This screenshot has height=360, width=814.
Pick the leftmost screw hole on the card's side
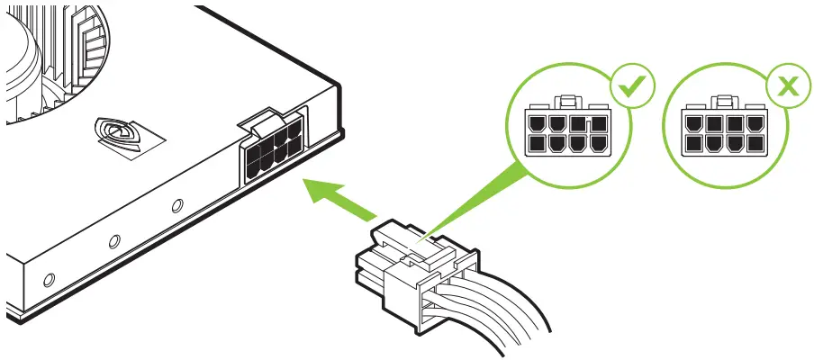[49, 279]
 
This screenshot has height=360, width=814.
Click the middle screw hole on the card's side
[114, 241]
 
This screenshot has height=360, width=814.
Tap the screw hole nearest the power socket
[177, 206]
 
